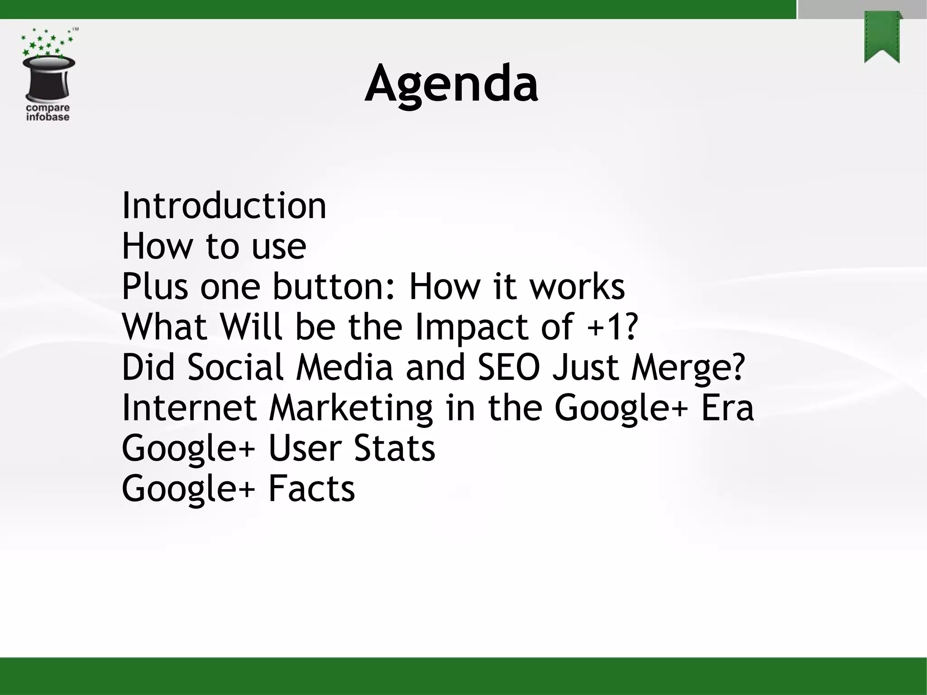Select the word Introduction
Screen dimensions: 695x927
click(x=224, y=206)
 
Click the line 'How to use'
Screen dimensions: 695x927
click(x=214, y=246)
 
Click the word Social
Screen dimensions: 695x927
click(x=235, y=367)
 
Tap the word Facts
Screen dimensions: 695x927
click(x=311, y=489)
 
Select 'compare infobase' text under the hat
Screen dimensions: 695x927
click(x=48, y=113)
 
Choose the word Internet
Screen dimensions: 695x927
click(x=189, y=407)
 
